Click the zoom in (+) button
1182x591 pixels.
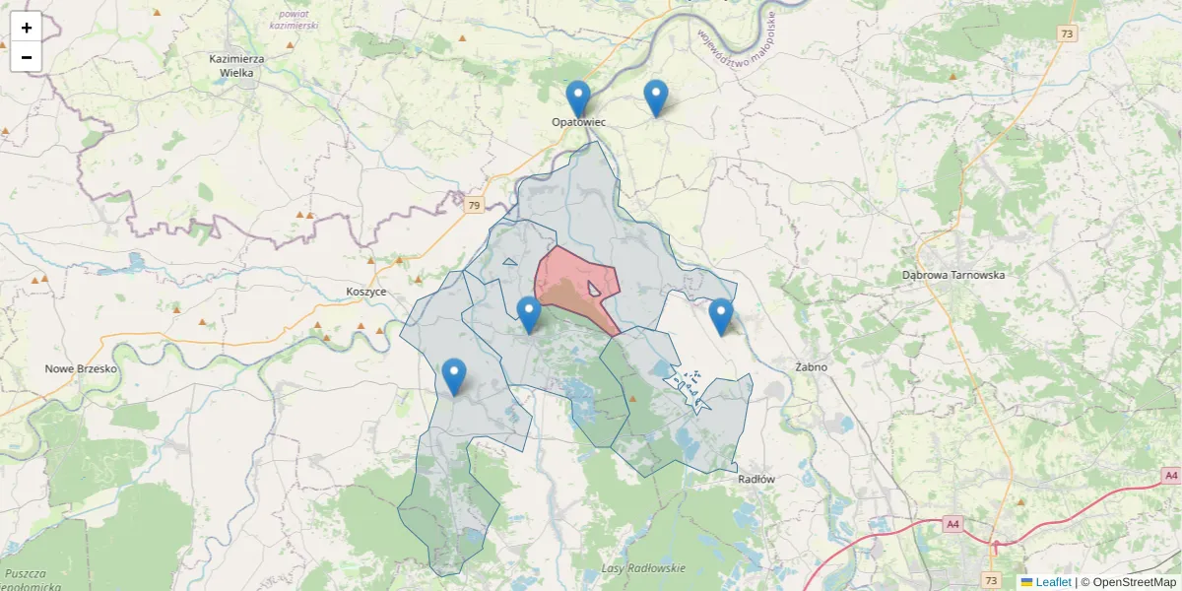[x=27, y=28]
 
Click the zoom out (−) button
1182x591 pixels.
[x=27, y=57]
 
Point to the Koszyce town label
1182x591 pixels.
[x=366, y=293]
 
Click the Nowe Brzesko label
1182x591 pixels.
[x=81, y=368]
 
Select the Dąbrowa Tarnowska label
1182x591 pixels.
[x=953, y=275]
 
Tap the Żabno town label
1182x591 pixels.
[x=811, y=367]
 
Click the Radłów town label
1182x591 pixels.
[x=756, y=480]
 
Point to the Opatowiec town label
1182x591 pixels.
[x=578, y=122]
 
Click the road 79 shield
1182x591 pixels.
[x=475, y=206]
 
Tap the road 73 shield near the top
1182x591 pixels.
[x=1067, y=33]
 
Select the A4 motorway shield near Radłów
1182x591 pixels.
[x=952, y=524]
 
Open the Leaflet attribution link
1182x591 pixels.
[x=1052, y=582]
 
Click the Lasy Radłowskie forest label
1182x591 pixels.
[x=642, y=570]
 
